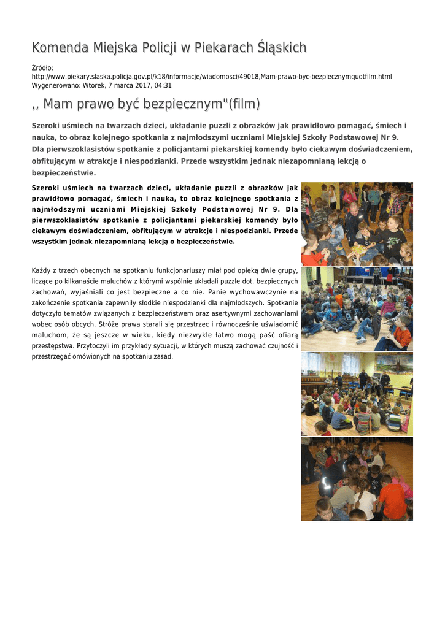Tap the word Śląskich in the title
pyautogui.click(x=282, y=48)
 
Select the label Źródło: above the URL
pyautogui.click(x=42, y=67)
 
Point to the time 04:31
pyautogui.click(x=163, y=86)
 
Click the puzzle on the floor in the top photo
pyautogui.click(x=360, y=250)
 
